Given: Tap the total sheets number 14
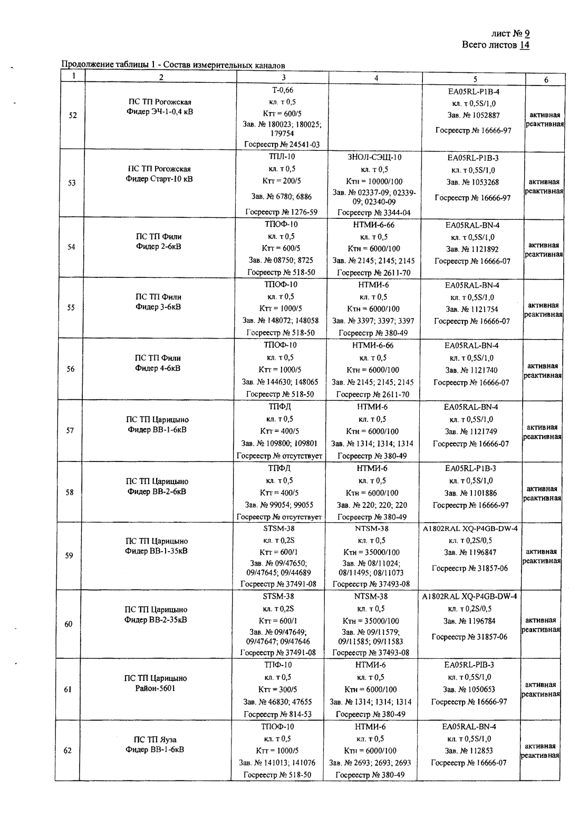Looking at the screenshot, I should [x=524, y=45].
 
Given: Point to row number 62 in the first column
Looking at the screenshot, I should [x=67, y=750].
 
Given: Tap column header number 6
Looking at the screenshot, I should [x=546, y=80].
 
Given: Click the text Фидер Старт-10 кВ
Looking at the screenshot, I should [x=159, y=179].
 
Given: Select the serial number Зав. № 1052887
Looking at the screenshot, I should [x=474, y=115].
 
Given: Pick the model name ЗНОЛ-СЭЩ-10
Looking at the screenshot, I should [x=375, y=157].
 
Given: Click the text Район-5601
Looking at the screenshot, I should [x=156, y=688].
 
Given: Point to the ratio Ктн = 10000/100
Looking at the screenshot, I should [x=374, y=181].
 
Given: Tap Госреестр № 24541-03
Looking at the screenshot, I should [x=282, y=144].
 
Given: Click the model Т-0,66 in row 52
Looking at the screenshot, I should [x=282, y=91].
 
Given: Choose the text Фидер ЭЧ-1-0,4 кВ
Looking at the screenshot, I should [x=160, y=112].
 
